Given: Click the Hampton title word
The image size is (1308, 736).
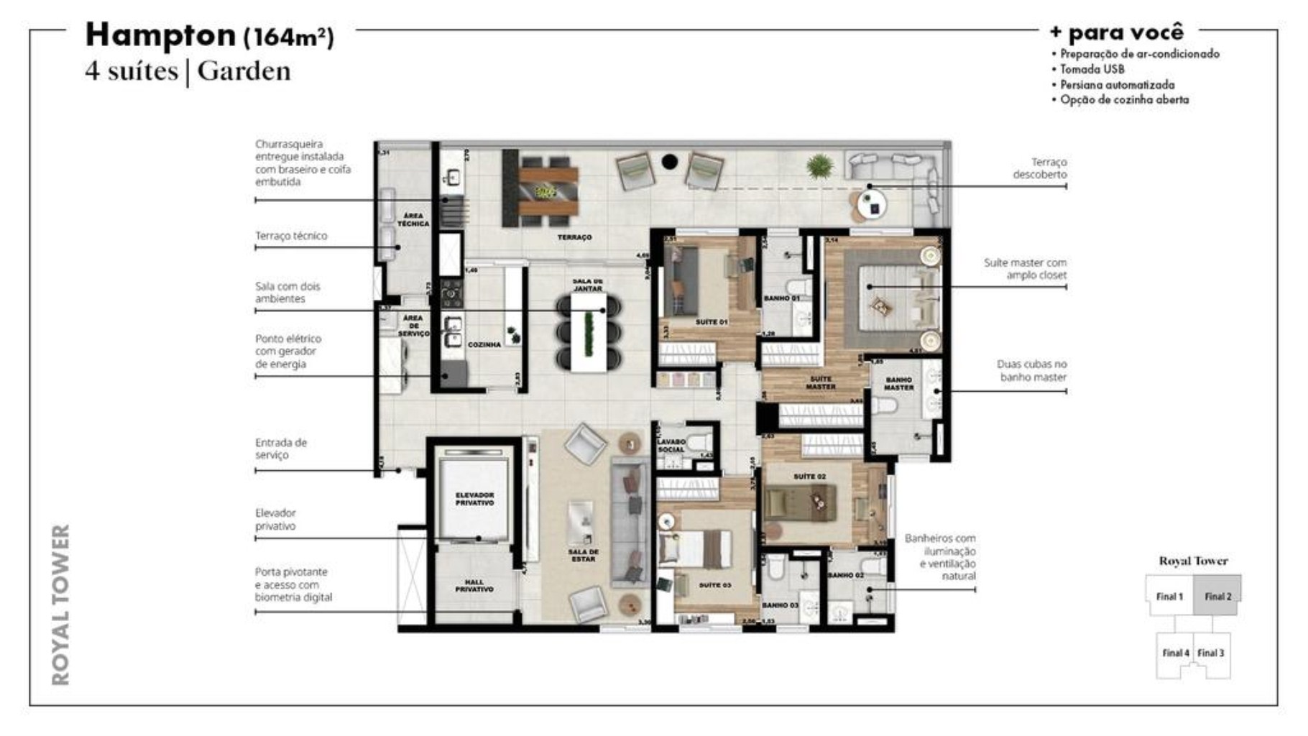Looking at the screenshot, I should point(160,34).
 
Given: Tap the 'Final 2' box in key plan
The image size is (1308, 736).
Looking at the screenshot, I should point(1217,596).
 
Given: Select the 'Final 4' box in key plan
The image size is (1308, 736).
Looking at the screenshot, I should point(1175,653).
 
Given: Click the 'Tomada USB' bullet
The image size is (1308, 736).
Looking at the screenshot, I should point(1092,69).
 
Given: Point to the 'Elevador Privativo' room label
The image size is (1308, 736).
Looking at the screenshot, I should point(474,499).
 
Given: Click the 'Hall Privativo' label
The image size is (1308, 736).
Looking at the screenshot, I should point(474,586).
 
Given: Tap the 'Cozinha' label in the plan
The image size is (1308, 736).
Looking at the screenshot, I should point(484,345).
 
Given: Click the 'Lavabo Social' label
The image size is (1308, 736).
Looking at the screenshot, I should point(671,446).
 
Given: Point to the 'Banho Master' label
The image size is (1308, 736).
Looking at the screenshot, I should point(898,384).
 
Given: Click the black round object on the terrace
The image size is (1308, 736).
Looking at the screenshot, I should point(669,162).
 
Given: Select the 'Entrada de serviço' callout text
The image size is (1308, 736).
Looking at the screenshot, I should point(280,448).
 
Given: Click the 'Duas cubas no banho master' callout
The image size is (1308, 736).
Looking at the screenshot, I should point(1032,370).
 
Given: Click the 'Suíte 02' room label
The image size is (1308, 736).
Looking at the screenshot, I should point(809,477).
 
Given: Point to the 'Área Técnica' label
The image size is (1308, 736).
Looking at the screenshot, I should point(413,220).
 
